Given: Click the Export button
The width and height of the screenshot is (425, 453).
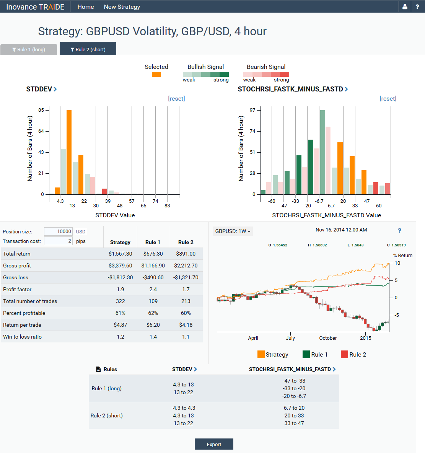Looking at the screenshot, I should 214,444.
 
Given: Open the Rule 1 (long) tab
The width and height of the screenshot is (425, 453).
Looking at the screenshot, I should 29,49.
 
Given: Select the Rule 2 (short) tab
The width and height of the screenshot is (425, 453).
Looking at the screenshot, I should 88,49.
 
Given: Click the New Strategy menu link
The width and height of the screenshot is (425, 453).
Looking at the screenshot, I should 122,7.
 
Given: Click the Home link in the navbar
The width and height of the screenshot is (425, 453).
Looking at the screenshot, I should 86,7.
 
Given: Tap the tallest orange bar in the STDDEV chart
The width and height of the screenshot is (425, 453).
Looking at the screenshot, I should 69,152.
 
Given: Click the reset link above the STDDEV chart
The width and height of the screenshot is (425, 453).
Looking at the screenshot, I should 176,98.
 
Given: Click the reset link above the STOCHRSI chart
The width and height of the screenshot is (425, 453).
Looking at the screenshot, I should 388,98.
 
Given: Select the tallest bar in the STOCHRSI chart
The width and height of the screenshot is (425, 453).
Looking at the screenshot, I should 322,152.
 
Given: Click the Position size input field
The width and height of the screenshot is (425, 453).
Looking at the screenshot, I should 58,231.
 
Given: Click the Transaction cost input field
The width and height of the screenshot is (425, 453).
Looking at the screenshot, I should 58,241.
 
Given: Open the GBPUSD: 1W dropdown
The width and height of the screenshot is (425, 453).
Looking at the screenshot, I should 233,231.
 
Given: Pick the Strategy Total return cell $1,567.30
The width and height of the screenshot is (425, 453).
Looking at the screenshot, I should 120,254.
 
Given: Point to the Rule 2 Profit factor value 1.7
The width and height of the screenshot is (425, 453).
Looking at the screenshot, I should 186,289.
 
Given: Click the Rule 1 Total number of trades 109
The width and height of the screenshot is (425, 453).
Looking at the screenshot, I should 153,301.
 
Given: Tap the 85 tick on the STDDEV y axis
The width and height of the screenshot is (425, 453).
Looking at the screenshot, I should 41,110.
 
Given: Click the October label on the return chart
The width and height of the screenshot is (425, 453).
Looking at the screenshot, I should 328,338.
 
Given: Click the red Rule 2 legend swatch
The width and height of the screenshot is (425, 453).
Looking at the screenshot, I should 344,354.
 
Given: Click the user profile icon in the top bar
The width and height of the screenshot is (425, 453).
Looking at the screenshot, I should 405,7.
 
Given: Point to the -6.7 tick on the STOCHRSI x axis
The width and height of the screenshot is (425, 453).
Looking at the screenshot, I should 319,201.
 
